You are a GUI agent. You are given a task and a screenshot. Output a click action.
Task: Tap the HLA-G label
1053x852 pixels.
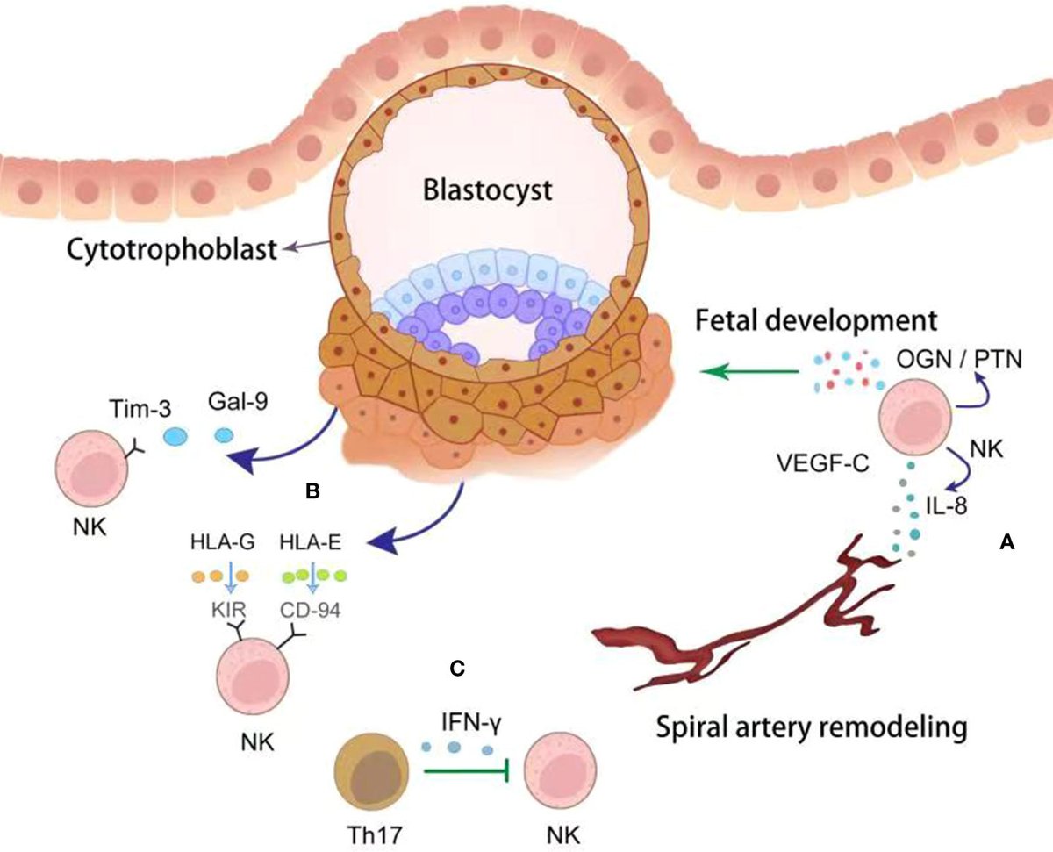pos(220,544)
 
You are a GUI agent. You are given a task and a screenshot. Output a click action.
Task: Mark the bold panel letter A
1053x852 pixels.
pos(1007,544)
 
